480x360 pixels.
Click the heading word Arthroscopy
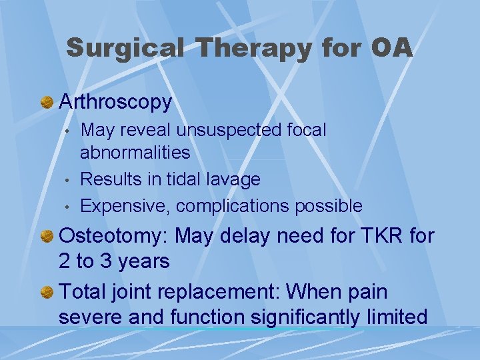tap(115, 102)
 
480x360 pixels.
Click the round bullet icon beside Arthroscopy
tap(47, 103)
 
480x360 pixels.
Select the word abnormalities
tap(135, 153)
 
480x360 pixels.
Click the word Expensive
tap(125, 206)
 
